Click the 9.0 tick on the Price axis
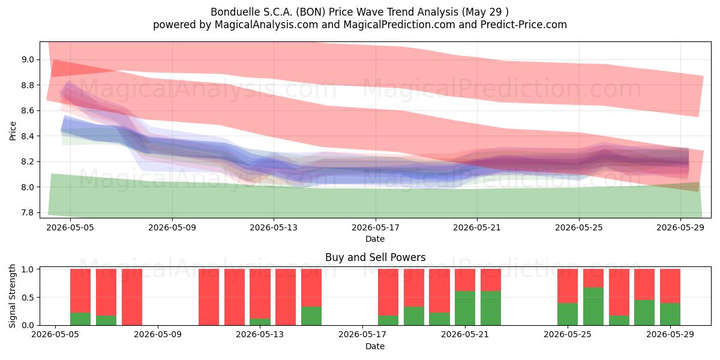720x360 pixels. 28,59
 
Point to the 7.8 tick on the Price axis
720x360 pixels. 28,212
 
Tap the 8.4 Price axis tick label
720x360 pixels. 28,136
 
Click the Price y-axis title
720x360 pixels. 13,131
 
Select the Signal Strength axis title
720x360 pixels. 12,296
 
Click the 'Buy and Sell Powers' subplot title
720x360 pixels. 375,257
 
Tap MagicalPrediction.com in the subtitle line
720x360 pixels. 399,25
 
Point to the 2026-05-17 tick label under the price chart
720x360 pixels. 376,227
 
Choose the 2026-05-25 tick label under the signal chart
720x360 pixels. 568,335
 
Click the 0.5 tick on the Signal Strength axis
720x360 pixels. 28,298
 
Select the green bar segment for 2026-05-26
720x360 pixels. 593,307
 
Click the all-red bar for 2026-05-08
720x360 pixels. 132,297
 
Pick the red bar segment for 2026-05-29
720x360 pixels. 670,286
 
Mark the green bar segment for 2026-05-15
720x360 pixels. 311,316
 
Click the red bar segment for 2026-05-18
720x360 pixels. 388,292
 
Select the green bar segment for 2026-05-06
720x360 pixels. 80,319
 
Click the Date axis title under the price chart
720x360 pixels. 375,239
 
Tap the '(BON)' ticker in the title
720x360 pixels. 311,12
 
